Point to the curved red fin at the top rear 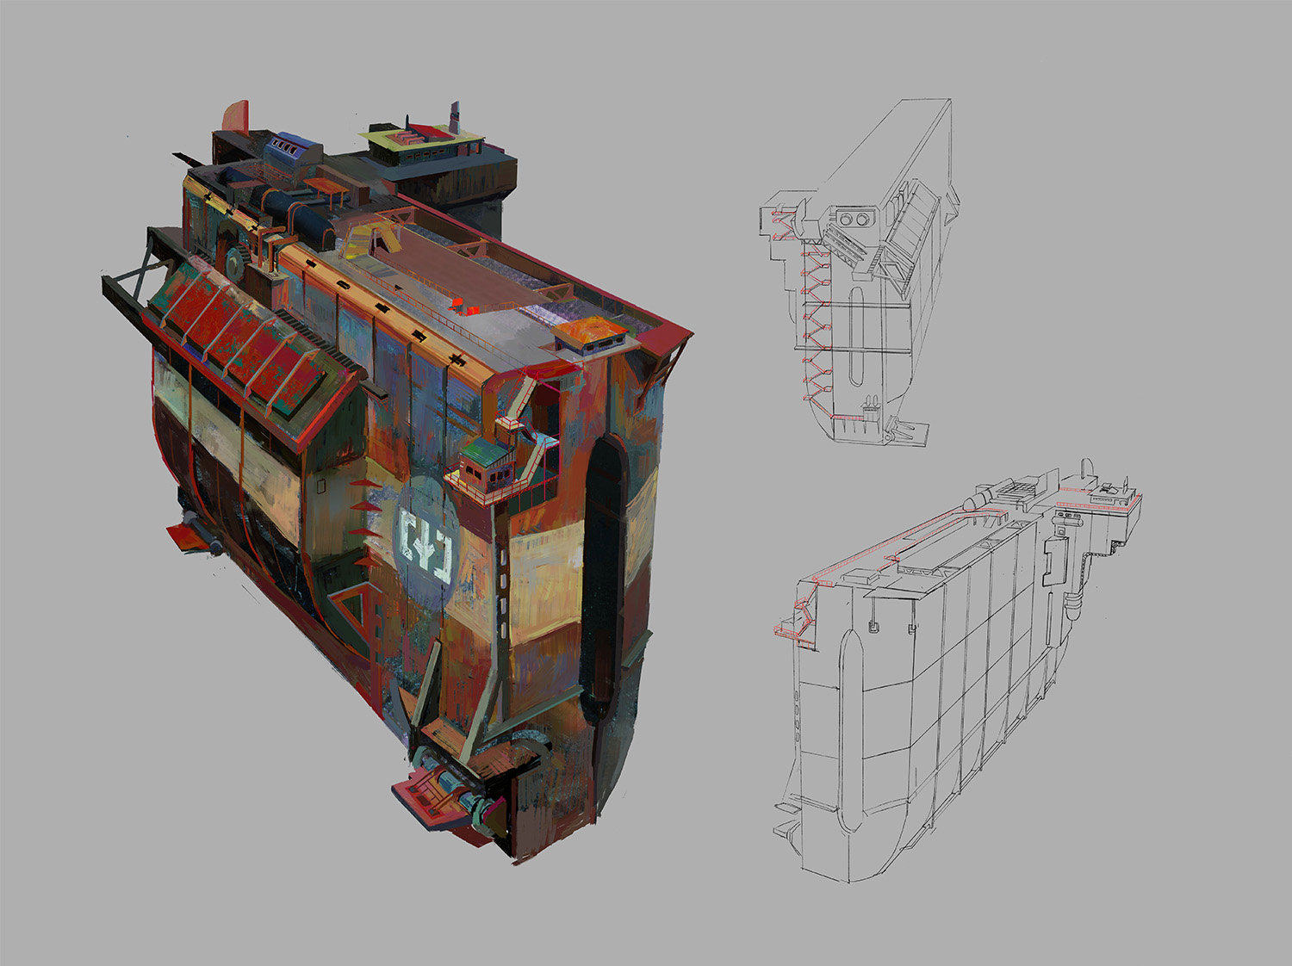coord(236,117)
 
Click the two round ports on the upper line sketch coord(853,220)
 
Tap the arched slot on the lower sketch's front coord(848,663)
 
